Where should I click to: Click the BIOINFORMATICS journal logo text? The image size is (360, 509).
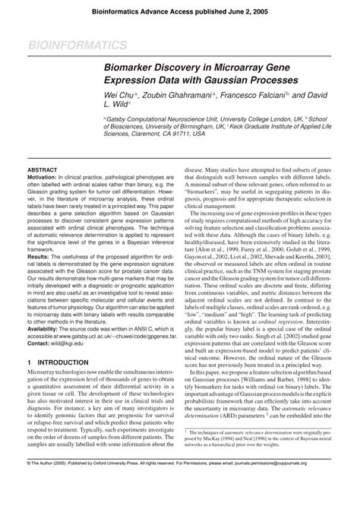pyautogui.click(x=66, y=47)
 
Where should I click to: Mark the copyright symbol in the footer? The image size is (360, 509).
pyautogui.click(x=7, y=503)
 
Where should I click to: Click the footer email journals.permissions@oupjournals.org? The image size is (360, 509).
pyautogui.click(x=305, y=503)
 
